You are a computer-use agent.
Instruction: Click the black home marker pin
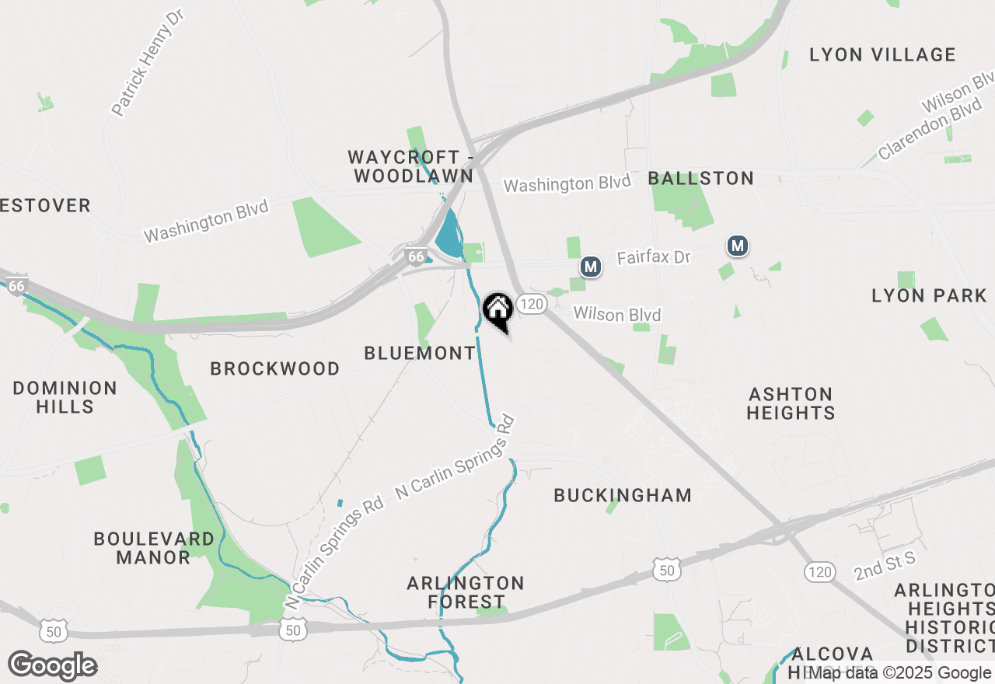(x=497, y=310)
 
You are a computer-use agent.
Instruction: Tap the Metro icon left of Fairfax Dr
(x=591, y=267)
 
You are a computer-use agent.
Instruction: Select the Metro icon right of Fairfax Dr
(x=738, y=246)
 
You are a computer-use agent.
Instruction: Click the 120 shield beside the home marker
(x=532, y=304)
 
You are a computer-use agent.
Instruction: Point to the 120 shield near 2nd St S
(x=819, y=572)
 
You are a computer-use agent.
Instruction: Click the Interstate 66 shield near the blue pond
(x=417, y=256)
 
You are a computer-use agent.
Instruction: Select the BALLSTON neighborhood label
(x=701, y=179)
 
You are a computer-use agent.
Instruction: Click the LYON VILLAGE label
(x=882, y=55)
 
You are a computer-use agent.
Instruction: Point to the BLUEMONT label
(x=420, y=354)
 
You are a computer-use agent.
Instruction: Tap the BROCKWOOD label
(x=275, y=368)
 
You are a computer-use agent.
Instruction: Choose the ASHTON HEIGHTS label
(x=791, y=403)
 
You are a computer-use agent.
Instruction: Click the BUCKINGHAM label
(x=623, y=495)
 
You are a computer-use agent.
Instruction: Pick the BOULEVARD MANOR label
(x=154, y=548)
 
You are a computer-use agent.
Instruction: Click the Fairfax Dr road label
(x=654, y=257)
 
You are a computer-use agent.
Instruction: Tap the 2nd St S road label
(x=885, y=566)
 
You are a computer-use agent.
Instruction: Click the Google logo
(x=52, y=666)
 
